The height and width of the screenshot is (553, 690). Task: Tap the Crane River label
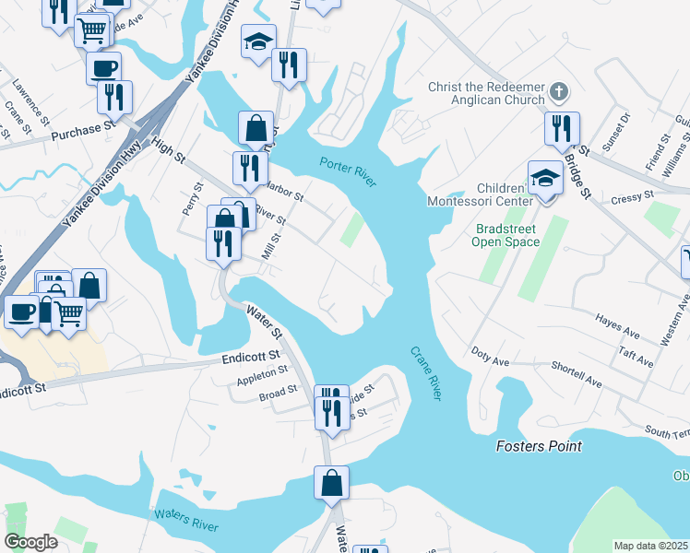click(425, 372)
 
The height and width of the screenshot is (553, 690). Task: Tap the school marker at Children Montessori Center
click(545, 179)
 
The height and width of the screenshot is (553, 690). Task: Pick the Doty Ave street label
click(490, 352)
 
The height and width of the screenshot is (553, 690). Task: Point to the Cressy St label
click(632, 196)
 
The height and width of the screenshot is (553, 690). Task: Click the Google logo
click(31, 542)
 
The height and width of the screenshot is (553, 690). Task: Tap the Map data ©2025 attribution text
click(651, 546)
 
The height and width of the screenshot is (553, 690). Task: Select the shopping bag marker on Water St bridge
click(331, 482)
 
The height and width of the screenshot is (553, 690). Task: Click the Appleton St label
click(263, 375)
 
